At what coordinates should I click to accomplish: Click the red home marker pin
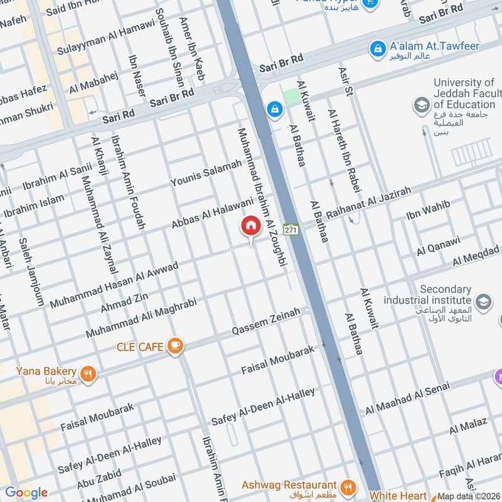(251, 226)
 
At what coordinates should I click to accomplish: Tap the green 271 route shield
(291, 230)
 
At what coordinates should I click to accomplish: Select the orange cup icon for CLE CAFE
(176, 346)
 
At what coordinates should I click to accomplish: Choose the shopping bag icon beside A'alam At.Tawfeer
(377, 48)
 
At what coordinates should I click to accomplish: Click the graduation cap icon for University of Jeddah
(422, 105)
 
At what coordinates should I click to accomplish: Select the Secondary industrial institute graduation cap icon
(483, 302)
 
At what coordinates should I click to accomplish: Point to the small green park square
(291, 96)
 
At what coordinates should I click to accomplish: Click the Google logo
(26, 493)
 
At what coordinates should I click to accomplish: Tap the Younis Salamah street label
(206, 173)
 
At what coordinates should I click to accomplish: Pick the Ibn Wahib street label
(428, 212)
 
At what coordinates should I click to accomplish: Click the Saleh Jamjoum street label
(31, 271)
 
